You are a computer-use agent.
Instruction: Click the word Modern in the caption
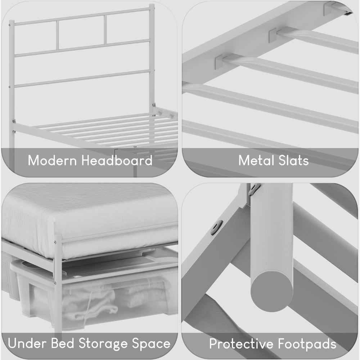coord(53,161)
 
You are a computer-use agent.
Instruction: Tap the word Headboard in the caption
coord(117,161)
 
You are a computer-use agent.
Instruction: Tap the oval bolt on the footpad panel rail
coord(216,228)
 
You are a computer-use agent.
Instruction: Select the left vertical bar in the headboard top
coord(57,35)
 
